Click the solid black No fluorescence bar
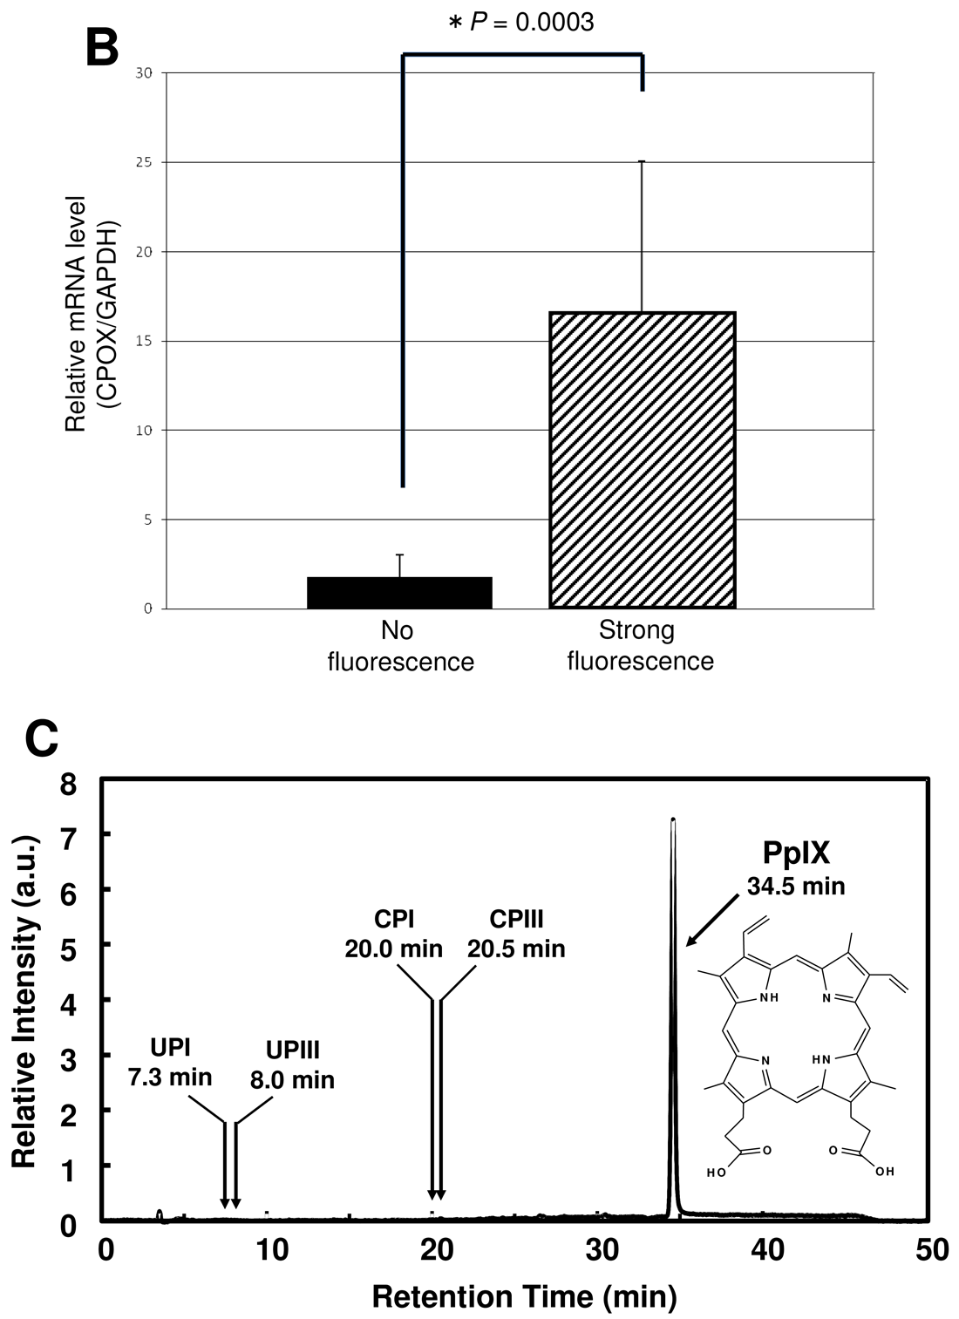tap(400, 593)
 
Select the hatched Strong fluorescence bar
tap(642, 459)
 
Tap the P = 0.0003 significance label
tap(521, 22)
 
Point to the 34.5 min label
tap(796, 887)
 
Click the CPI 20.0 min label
tap(393, 933)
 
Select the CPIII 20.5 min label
tap(516, 933)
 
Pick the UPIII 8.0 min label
tap(292, 1066)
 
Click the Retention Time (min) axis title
tap(524, 1297)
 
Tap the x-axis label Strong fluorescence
tap(640, 646)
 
